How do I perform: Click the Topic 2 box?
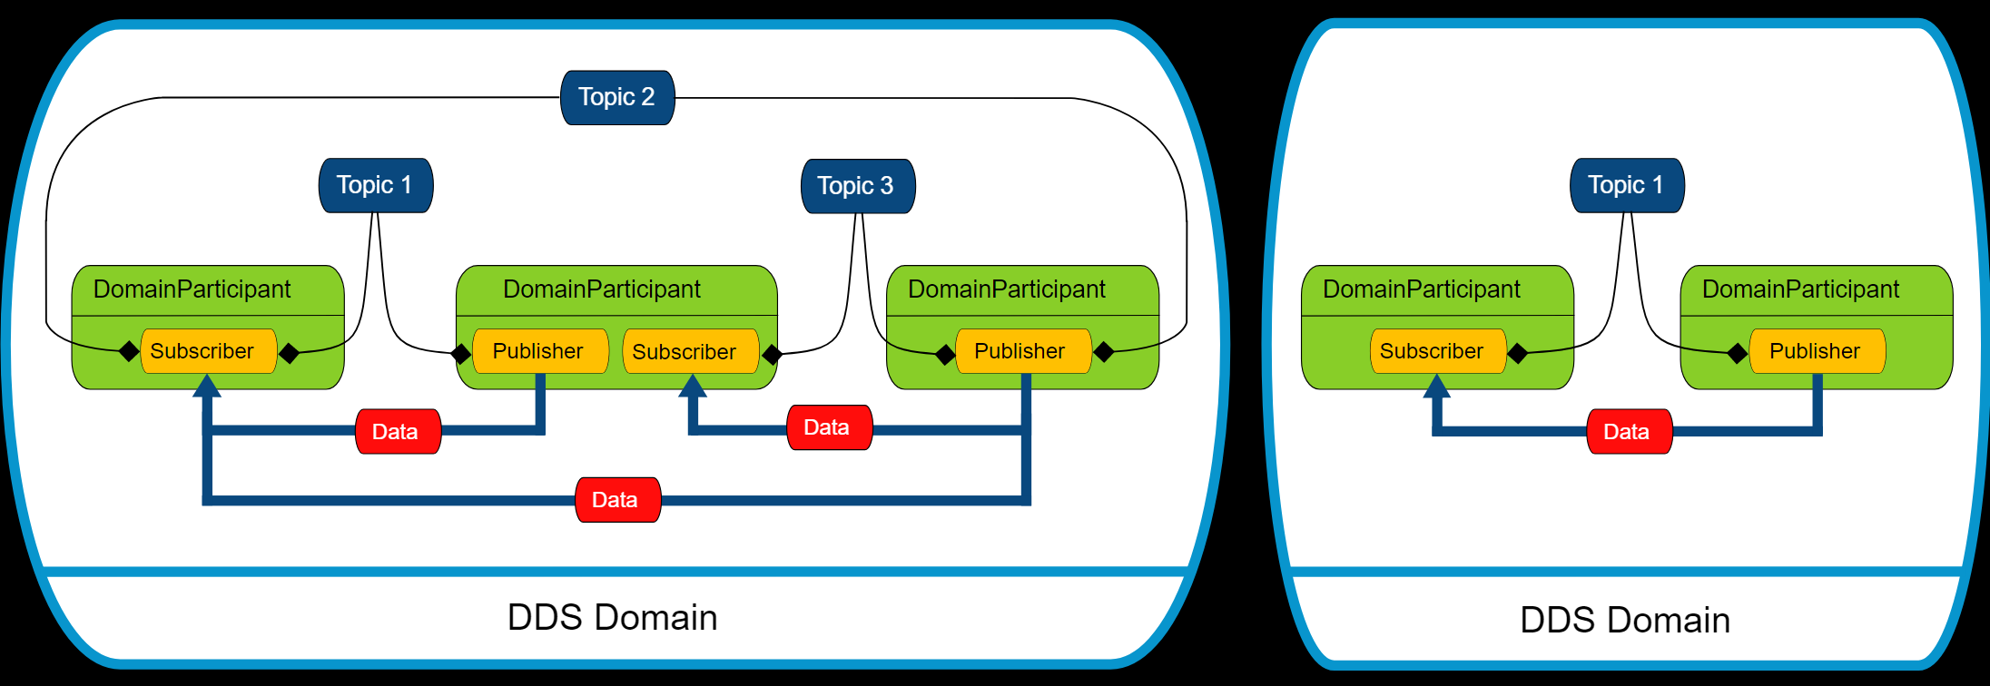click(x=617, y=97)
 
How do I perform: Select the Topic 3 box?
click(x=857, y=186)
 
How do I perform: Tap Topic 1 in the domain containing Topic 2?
click(x=376, y=185)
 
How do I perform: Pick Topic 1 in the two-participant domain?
click(x=1627, y=185)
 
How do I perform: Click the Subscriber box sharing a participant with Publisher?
click(x=690, y=351)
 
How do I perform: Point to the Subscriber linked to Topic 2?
click(x=208, y=351)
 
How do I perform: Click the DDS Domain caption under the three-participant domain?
click(x=612, y=618)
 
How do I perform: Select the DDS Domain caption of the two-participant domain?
click(x=1625, y=621)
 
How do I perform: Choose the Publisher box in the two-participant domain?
click(x=1817, y=351)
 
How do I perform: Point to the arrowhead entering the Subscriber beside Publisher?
click(x=693, y=387)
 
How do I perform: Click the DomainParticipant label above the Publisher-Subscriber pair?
click(x=602, y=289)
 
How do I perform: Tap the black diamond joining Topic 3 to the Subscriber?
click(x=773, y=354)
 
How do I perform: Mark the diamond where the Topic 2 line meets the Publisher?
click(x=1104, y=351)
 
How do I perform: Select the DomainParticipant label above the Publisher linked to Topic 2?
click(x=1007, y=289)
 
